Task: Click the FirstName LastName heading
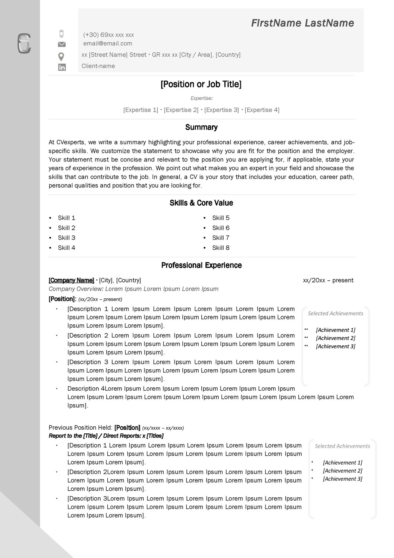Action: tap(302, 23)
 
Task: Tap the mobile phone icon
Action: tap(62, 34)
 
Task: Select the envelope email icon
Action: tap(62, 44)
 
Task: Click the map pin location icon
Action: tap(61, 57)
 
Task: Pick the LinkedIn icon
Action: tap(62, 67)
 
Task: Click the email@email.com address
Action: tap(108, 44)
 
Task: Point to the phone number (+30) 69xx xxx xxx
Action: tap(108, 35)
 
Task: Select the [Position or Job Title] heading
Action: tap(201, 84)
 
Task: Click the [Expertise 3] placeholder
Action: tap(222, 110)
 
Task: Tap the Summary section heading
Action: tap(201, 127)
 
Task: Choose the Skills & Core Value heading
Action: tap(201, 203)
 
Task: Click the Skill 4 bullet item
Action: tap(66, 248)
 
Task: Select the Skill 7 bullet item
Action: tap(221, 238)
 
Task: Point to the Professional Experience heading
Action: tap(201, 265)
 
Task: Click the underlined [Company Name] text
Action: tap(71, 280)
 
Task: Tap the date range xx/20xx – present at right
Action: tap(328, 280)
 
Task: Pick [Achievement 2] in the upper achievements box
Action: tap(335, 338)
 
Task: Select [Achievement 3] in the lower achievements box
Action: tap(342, 479)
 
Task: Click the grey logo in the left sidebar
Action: tap(24, 44)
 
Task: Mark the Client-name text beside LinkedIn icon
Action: tap(98, 66)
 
